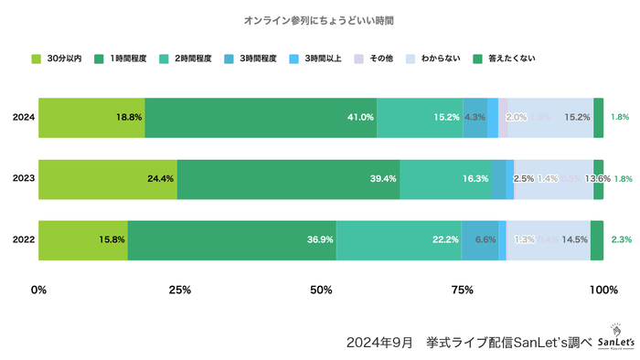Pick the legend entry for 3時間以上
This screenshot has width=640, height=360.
tap(315, 58)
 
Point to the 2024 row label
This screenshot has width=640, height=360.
tap(23, 118)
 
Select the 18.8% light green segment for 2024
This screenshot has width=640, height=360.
tap(91, 118)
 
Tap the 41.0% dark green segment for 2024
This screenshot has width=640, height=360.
tap(261, 118)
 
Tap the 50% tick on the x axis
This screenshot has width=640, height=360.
tap(321, 291)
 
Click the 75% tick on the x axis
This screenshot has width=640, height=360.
tap(463, 291)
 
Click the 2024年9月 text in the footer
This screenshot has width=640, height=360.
tap(377, 342)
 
